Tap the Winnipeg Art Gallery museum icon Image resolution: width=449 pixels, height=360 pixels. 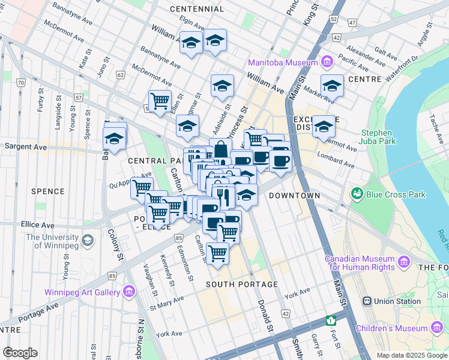[x=128, y=292]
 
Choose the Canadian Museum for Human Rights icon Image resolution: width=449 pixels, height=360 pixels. [x=402, y=262]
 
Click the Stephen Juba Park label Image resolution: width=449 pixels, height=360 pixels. [x=376, y=137]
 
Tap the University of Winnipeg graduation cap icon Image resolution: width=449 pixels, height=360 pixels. [x=88, y=241]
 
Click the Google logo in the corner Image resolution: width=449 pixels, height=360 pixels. [x=20, y=353]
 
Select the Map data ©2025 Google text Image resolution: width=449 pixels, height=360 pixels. [x=411, y=355]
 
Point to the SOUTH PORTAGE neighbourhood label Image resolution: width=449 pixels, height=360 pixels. [x=241, y=284]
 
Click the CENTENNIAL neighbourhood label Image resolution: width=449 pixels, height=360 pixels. [x=197, y=9]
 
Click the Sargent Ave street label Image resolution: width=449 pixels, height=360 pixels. [x=25, y=146]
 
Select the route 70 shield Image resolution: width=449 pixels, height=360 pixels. [x=22, y=82]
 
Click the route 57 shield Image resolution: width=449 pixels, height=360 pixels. [x=78, y=97]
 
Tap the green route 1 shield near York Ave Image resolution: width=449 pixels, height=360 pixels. [x=330, y=320]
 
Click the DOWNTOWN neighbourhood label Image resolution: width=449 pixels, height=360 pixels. [x=294, y=196]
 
